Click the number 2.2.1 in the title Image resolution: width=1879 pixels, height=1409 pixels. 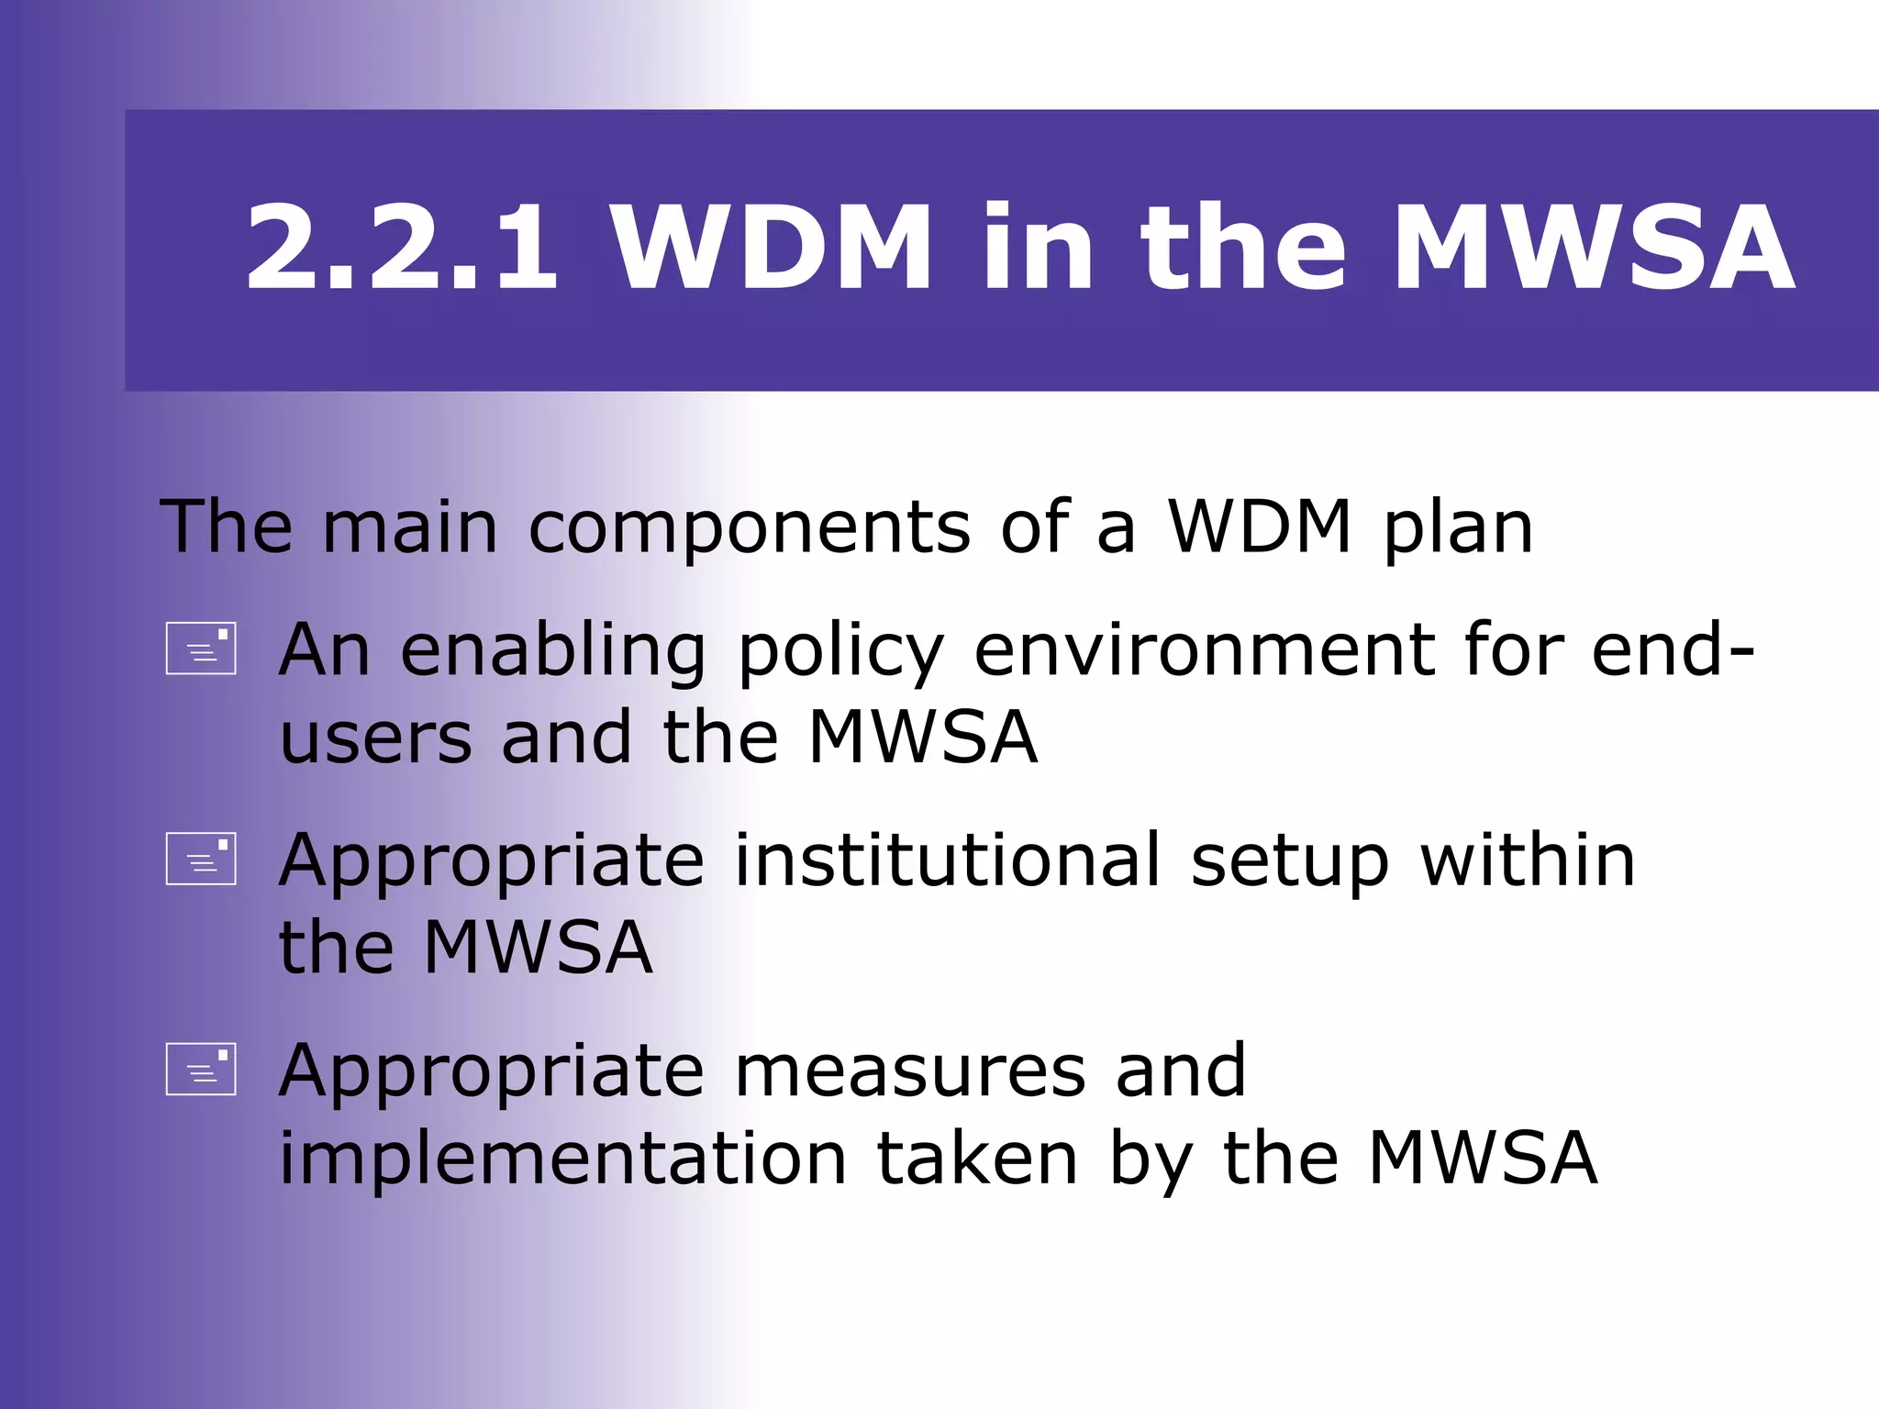(x=402, y=250)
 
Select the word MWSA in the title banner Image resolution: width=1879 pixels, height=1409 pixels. (x=1594, y=250)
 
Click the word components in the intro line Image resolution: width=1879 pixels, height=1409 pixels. (x=749, y=529)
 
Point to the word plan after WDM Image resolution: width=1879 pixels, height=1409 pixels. (x=1458, y=529)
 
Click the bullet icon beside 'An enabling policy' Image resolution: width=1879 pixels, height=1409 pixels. (x=201, y=649)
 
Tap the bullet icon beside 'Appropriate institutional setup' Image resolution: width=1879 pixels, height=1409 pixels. (x=201, y=859)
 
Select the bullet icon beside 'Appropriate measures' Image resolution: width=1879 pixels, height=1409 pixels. (x=201, y=1069)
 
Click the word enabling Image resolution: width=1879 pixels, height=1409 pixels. (x=553, y=651)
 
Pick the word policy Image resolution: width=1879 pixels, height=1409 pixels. (x=840, y=653)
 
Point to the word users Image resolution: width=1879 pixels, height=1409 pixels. (x=376, y=739)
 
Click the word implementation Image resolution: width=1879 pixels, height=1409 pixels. (x=562, y=1159)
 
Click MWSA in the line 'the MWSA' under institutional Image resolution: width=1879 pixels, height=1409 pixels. (x=538, y=948)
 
